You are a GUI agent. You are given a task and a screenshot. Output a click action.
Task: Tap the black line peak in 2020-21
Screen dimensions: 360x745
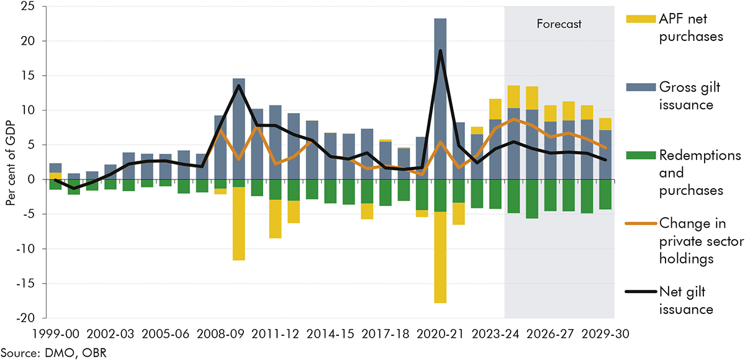pyautogui.click(x=440, y=51)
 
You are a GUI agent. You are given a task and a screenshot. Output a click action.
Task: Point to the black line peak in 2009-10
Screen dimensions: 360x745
pyautogui.click(x=239, y=86)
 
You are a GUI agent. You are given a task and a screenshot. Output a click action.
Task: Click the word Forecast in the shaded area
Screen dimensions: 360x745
pyautogui.click(x=559, y=25)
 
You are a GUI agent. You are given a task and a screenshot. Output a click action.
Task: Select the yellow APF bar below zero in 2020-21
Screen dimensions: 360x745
pyautogui.click(x=440, y=258)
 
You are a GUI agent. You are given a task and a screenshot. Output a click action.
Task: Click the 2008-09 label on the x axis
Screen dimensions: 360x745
pyautogui.click(x=220, y=333)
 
